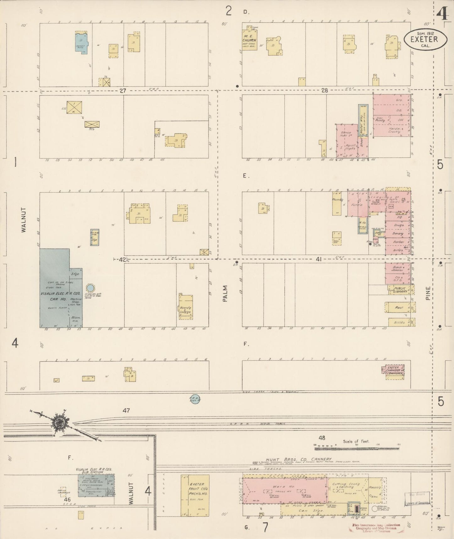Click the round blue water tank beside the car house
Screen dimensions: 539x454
(x=90, y=288)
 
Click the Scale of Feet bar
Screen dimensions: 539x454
(x=357, y=445)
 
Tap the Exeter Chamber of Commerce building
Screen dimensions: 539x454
(x=393, y=372)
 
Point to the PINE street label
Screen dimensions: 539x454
(x=428, y=293)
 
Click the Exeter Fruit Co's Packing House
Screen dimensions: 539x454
(x=195, y=495)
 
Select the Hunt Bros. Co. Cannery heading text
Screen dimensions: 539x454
(x=298, y=459)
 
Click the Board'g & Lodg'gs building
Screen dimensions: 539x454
(x=186, y=307)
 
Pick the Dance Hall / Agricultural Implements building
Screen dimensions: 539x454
(x=347, y=141)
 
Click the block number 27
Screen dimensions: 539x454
(x=123, y=91)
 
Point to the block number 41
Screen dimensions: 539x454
(x=319, y=259)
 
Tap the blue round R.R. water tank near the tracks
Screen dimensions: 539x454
(x=195, y=399)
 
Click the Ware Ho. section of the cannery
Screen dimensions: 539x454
(x=284, y=491)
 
